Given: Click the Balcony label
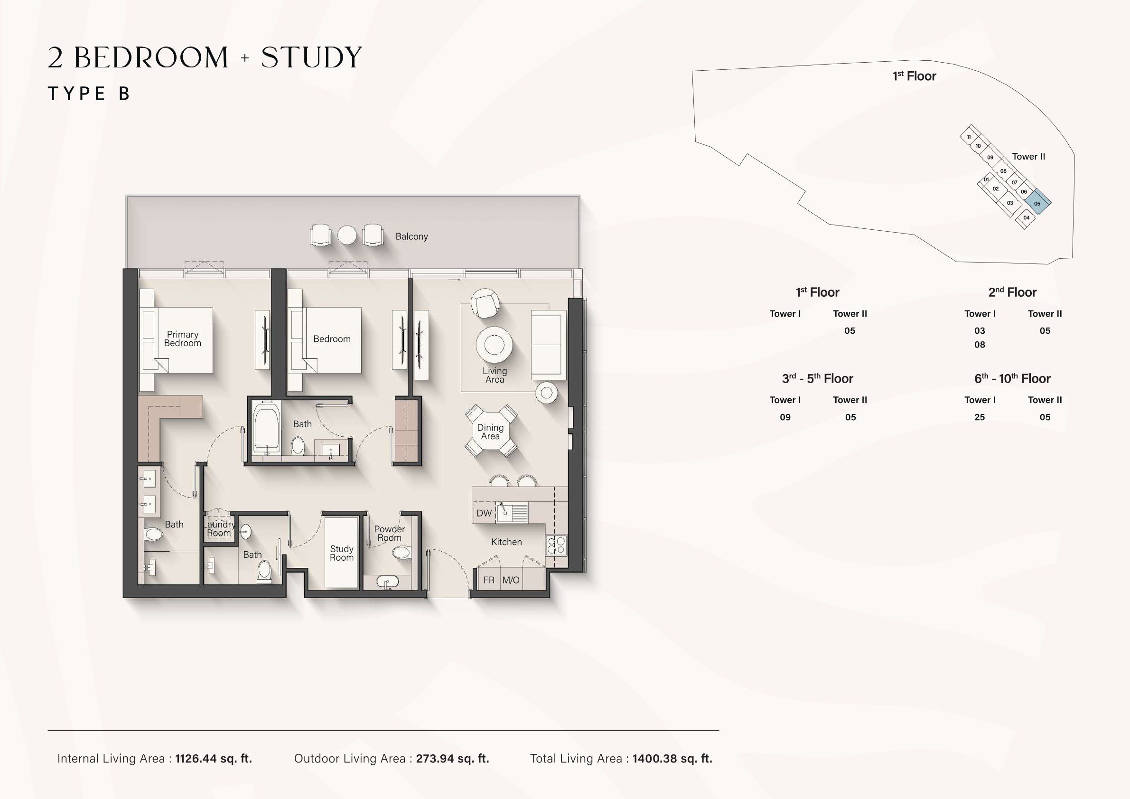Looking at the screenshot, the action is click(x=411, y=236).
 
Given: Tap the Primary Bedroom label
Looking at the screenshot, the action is click(x=183, y=338).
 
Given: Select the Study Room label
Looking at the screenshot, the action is click(x=342, y=553).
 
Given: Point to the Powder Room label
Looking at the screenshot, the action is click(x=389, y=533).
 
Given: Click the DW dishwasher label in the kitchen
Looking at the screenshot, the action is click(x=484, y=513).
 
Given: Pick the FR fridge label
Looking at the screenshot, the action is click(x=489, y=580).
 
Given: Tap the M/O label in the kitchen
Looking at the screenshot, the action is click(x=511, y=580).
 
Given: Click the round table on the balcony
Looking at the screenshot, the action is click(x=347, y=235).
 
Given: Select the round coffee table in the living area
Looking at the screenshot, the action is click(x=494, y=345).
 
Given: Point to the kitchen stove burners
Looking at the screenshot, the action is click(x=557, y=545).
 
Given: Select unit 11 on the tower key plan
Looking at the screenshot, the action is click(x=969, y=137).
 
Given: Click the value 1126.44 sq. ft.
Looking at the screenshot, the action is click(x=214, y=759).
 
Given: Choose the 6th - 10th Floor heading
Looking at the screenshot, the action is click(x=1012, y=378).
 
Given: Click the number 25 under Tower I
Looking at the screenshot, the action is click(x=980, y=417).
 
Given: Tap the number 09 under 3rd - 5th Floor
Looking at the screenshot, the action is click(x=785, y=417).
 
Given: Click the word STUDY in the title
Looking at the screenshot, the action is click(x=311, y=57).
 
